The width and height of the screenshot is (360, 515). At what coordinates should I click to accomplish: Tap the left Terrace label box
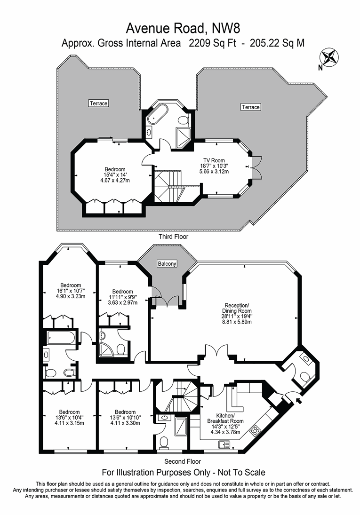click(x=99, y=103)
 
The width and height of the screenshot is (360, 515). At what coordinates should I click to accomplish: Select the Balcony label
click(x=167, y=263)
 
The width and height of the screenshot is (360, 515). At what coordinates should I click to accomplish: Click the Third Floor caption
click(x=173, y=237)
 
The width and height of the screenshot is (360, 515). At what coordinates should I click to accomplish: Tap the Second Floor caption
click(x=183, y=461)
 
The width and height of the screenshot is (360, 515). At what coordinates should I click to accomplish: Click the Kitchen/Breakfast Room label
click(x=225, y=419)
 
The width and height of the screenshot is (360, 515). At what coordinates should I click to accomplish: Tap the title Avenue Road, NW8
click(x=183, y=29)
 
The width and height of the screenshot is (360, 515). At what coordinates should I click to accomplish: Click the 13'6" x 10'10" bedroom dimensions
click(x=125, y=417)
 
